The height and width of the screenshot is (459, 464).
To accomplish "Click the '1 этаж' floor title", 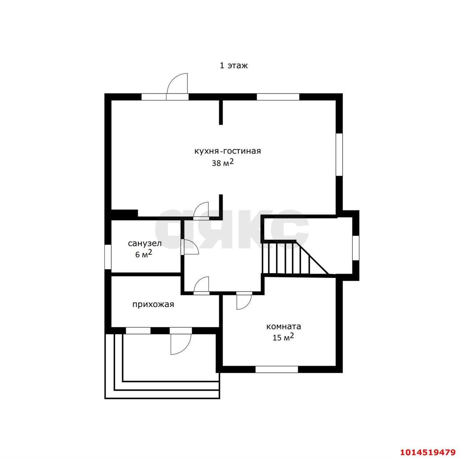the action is point(233,66).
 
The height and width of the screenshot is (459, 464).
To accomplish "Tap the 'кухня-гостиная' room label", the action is point(228,151).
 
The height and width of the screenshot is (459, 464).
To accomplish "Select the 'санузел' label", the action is point(145,243).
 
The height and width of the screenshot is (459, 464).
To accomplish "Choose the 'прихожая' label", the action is point(153,305).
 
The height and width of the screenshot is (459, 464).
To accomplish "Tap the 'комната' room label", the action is point(283,327).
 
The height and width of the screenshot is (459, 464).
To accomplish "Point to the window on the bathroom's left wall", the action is point(108,257).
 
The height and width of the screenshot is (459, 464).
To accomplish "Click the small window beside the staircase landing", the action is point(356,248).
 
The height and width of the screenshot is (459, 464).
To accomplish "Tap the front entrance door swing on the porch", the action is point(181,344).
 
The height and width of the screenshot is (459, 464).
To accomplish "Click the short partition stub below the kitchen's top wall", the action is point(220,112).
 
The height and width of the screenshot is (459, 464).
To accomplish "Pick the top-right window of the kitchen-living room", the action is point(278,97).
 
